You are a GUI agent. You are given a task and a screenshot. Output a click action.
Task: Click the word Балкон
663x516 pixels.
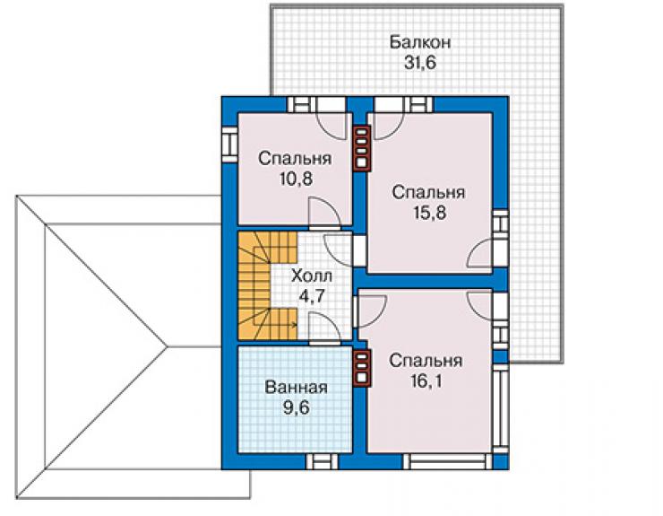click(420, 42)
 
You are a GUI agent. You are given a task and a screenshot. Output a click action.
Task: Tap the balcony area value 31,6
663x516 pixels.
click(420, 63)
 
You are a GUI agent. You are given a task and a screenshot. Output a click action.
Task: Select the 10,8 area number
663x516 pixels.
click(296, 179)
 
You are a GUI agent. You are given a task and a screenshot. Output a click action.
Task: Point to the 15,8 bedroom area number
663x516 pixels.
click(429, 213)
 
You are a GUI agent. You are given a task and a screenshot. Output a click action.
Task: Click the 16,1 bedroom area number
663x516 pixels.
click(426, 381)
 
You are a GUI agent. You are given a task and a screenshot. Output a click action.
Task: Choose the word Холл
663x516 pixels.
click(312, 276)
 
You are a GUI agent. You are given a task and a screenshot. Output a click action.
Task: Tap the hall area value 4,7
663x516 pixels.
click(312, 296)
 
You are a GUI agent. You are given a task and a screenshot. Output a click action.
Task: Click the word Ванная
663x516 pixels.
click(296, 388)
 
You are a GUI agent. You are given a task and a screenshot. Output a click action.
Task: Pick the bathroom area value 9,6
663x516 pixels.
click(297, 408)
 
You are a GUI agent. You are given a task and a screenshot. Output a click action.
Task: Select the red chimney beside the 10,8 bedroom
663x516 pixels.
click(362, 148)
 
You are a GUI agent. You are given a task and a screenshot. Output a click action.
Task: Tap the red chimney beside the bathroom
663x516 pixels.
click(363, 368)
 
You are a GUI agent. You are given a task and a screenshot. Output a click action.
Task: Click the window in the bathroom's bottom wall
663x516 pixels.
click(322, 461)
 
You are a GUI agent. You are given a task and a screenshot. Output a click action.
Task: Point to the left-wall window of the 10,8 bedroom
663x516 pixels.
click(229, 144)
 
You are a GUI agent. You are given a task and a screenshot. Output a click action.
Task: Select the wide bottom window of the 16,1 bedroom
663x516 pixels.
click(448, 461)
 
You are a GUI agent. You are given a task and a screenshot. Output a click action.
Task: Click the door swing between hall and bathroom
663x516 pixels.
click(324, 327)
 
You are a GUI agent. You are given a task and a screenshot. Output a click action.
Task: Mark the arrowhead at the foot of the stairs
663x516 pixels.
click(294, 325)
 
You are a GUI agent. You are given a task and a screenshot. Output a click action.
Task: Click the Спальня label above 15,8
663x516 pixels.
click(429, 193)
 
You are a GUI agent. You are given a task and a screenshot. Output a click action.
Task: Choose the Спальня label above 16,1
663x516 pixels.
click(426, 362)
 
